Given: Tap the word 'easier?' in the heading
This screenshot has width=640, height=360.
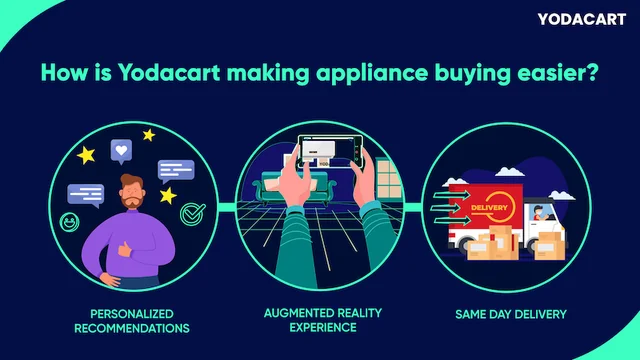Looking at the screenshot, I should [555, 73].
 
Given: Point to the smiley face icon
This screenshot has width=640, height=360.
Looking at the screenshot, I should [71, 220].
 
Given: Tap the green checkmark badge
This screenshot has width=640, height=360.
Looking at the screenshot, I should [191, 213].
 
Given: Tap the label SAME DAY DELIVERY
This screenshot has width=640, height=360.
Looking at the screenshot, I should [510, 313].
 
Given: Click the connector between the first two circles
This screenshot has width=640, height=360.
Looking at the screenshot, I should [222, 207].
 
